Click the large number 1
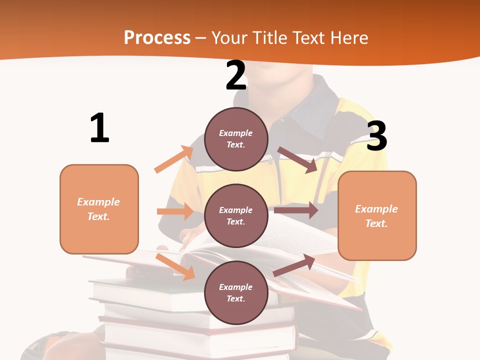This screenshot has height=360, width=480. point(99,128)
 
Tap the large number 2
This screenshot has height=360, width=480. point(236,75)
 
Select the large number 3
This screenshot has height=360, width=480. point(376,136)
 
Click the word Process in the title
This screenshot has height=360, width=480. point(157,37)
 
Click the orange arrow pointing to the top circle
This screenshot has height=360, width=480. point(174,159)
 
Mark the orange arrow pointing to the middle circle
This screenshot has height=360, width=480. point(175,211)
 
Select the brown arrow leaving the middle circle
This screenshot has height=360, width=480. point(296,210)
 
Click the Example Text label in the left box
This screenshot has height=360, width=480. point(99,209)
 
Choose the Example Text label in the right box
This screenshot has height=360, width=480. point(376,216)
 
